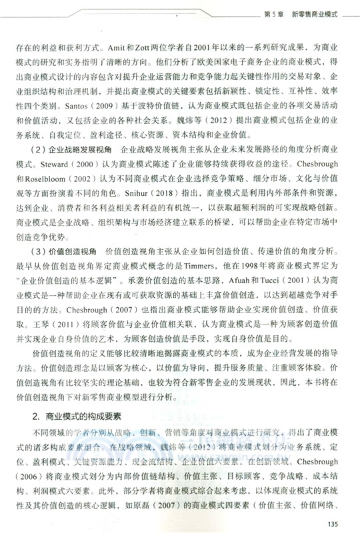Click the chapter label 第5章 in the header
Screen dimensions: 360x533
point(273,14)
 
